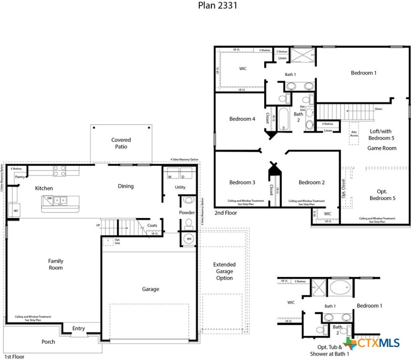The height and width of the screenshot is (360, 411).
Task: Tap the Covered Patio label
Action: coord(121,143)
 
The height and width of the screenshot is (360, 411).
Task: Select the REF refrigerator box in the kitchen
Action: coord(16,211)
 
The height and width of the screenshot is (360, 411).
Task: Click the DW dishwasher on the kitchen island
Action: coord(49,199)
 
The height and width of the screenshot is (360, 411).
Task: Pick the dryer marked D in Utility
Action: coord(183,177)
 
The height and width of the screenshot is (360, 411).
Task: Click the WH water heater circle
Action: coord(189,239)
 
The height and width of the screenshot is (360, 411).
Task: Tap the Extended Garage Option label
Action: coord(224,271)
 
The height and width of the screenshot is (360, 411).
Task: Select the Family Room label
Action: coord(55,264)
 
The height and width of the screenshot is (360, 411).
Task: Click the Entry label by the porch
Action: coord(79,328)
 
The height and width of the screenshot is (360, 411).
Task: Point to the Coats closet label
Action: coord(152,225)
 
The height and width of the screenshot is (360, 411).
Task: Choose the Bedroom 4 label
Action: coord(242,119)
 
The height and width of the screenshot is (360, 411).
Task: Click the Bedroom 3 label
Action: coord(242,182)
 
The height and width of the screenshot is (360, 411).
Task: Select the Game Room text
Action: coord(381,148)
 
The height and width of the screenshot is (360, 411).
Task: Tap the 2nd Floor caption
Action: coord(226,213)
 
